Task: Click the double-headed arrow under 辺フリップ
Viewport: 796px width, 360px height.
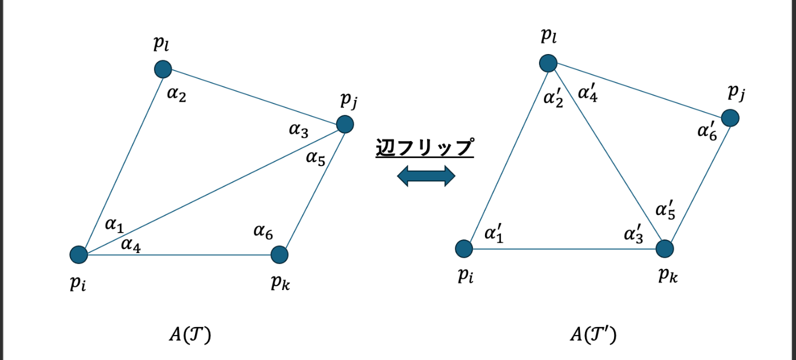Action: (x=426, y=176)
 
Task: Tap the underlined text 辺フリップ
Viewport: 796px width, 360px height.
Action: (x=425, y=148)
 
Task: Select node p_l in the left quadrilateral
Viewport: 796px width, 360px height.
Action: (x=163, y=69)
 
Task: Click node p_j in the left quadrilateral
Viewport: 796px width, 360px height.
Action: (x=345, y=123)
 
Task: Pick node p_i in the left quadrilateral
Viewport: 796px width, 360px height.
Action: (x=78, y=255)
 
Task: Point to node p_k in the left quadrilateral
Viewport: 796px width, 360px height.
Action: (x=279, y=255)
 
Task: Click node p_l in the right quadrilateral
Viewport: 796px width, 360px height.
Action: (x=548, y=63)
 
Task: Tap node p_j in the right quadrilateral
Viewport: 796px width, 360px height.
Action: (x=730, y=118)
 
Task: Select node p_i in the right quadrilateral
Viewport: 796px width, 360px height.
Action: (x=464, y=249)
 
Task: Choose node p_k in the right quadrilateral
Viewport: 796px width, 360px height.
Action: (x=665, y=249)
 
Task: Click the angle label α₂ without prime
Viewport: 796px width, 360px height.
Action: (x=176, y=93)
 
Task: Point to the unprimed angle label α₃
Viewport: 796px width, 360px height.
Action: (x=298, y=130)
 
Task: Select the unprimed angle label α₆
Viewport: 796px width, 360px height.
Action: (x=263, y=231)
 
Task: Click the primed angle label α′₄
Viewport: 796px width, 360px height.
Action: (x=587, y=92)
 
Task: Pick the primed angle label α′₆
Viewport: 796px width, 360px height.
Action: (x=707, y=130)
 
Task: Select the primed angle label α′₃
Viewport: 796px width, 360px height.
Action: (x=634, y=233)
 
